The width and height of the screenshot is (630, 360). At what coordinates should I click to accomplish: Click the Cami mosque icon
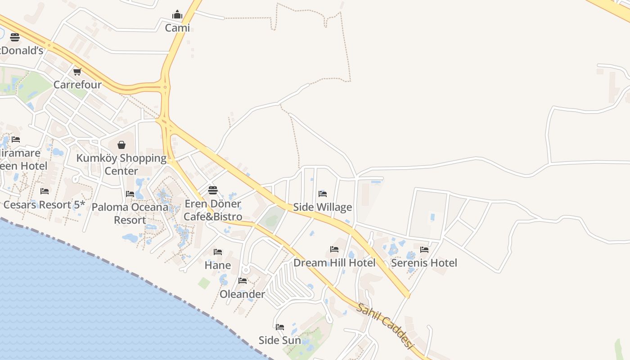click(x=177, y=15)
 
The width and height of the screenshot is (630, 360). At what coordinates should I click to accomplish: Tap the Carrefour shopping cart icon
click(x=77, y=72)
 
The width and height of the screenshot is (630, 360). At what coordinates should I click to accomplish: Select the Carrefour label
click(x=77, y=85)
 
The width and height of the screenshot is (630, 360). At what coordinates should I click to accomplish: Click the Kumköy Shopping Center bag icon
click(x=121, y=145)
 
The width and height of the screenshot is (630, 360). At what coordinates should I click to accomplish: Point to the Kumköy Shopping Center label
click(x=121, y=165)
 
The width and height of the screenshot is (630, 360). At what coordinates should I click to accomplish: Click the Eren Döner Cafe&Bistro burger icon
click(x=213, y=190)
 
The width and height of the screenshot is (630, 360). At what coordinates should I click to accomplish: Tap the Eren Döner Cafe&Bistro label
click(x=213, y=210)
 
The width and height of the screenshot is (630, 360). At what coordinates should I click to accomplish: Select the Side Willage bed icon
click(x=323, y=194)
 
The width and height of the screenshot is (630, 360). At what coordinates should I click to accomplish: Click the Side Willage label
click(x=323, y=207)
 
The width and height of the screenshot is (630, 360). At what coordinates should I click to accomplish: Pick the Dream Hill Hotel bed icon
click(x=334, y=249)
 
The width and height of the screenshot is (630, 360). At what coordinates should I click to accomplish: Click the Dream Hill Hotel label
click(x=334, y=263)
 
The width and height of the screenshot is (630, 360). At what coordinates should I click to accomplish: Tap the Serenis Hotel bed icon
click(x=424, y=249)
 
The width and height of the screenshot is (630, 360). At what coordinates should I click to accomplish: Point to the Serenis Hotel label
click(x=424, y=263)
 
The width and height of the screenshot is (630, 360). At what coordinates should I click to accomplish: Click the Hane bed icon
click(x=218, y=252)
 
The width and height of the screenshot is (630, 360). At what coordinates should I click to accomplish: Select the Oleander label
click(x=243, y=294)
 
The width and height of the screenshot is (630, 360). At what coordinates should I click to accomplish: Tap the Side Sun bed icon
click(x=280, y=327)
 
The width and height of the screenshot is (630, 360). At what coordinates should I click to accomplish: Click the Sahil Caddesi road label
click(x=385, y=326)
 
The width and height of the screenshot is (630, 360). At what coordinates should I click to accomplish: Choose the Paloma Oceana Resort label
click(x=130, y=214)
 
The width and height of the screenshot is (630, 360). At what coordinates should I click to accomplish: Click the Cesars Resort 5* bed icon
click(x=45, y=191)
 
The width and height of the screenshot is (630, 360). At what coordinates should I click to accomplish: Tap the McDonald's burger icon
click(x=15, y=37)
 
